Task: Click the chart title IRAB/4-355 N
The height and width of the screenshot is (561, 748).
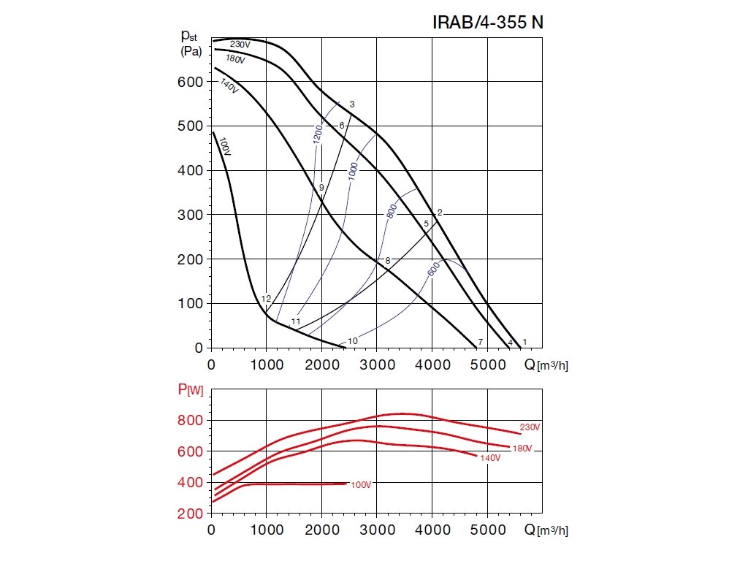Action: pyautogui.click(x=489, y=23)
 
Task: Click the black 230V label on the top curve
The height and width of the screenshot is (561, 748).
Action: pyautogui.click(x=240, y=45)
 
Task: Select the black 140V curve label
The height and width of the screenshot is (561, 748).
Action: pyautogui.click(x=229, y=85)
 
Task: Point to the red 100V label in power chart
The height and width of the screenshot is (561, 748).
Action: pyautogui.click(x=361, y=485)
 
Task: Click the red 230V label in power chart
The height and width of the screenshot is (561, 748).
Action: pyautogui.click(x=530, y=427)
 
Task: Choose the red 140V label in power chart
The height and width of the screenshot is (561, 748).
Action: pyautogui.click(x=489, y=458)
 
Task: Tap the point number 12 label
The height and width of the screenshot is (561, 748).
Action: pyautogui.click(x=266, y=299)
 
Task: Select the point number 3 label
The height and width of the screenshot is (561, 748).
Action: pyautogui.click(x=352, y=104)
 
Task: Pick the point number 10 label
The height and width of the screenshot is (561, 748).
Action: pyautogui.click(x=353, y=341)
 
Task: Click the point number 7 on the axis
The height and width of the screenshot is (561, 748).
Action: pyautogui.click(x=480, y=343)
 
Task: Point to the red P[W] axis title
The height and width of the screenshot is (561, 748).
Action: pyautogui.click(x=191, y=391)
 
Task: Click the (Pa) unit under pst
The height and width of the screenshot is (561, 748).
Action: pyautogui.click(x=192, y=52)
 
